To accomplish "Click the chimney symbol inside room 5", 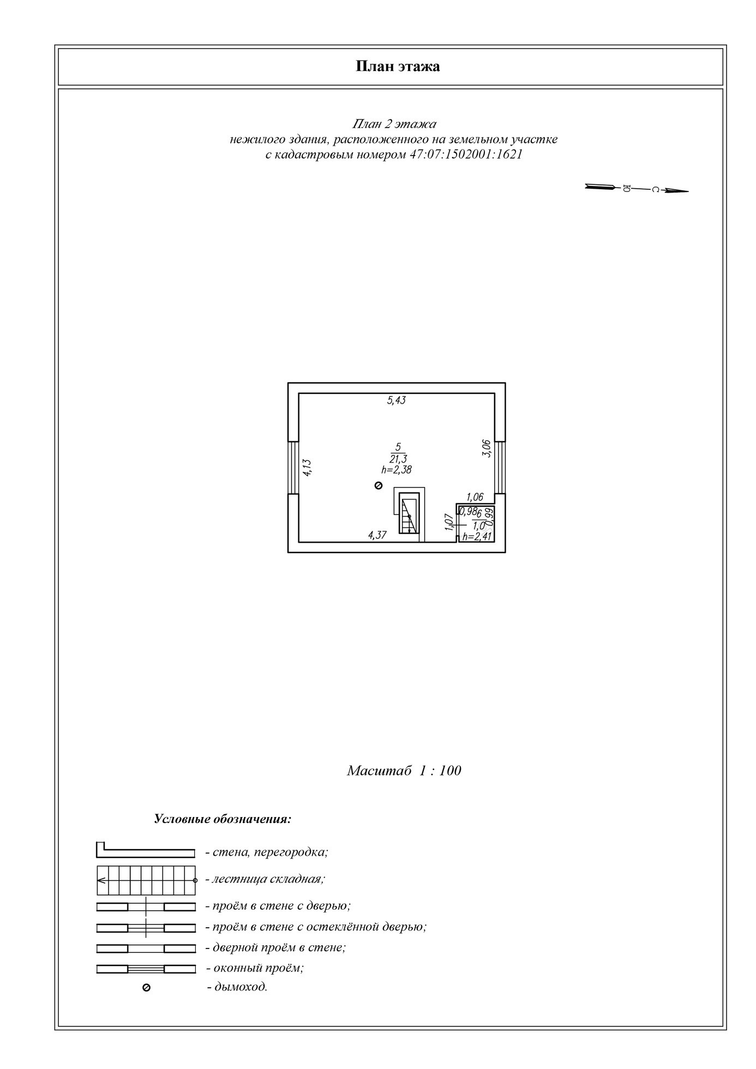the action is pos(379,485).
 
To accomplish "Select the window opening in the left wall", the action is pos(293,467).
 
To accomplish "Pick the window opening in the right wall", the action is pos(500,467).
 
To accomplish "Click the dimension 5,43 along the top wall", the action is pos(397,400).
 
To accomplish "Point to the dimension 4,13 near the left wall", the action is pos(307,468).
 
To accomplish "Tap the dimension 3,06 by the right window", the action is pos(487,448).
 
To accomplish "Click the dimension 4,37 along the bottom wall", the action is pos(377,535).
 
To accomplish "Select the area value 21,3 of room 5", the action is pos(398,459).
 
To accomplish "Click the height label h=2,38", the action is pos(397,469).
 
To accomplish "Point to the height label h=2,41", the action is pos(477,537).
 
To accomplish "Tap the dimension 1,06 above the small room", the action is pos(475,497).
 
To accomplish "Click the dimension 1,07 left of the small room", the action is pos(449,522).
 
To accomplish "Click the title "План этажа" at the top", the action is pos(398,67).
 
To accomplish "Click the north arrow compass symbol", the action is pos(636,189).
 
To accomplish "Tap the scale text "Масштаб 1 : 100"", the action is pos(404,771).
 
